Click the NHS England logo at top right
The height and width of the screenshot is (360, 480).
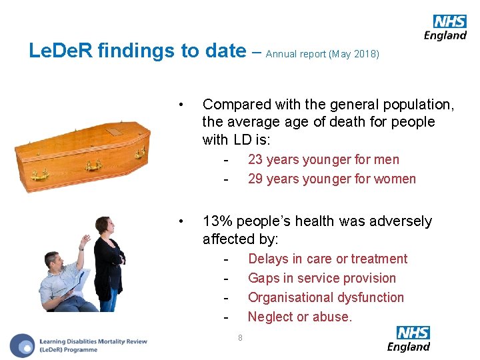pyautogui.click(x=445, y=28)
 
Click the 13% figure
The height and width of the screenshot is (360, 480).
pyautogui.click(x=217, y=221)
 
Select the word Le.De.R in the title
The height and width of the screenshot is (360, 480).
pyautogui.click(x=62, y=51)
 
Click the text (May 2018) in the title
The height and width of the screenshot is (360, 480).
pyautogui.click(x=354, y=54)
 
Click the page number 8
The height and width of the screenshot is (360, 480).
pyautogui.click(x=240, y=337)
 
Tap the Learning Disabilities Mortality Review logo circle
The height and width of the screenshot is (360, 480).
pyautogui.click(x=23, y=345)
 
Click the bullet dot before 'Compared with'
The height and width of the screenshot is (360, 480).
pyautogui.click(x=181, y=105)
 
